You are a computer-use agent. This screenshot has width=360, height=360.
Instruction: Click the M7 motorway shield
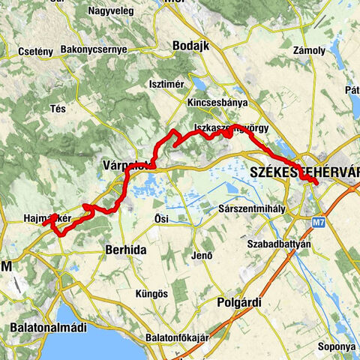point(319,222)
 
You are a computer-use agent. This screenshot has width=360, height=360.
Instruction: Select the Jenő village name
point(202,256)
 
